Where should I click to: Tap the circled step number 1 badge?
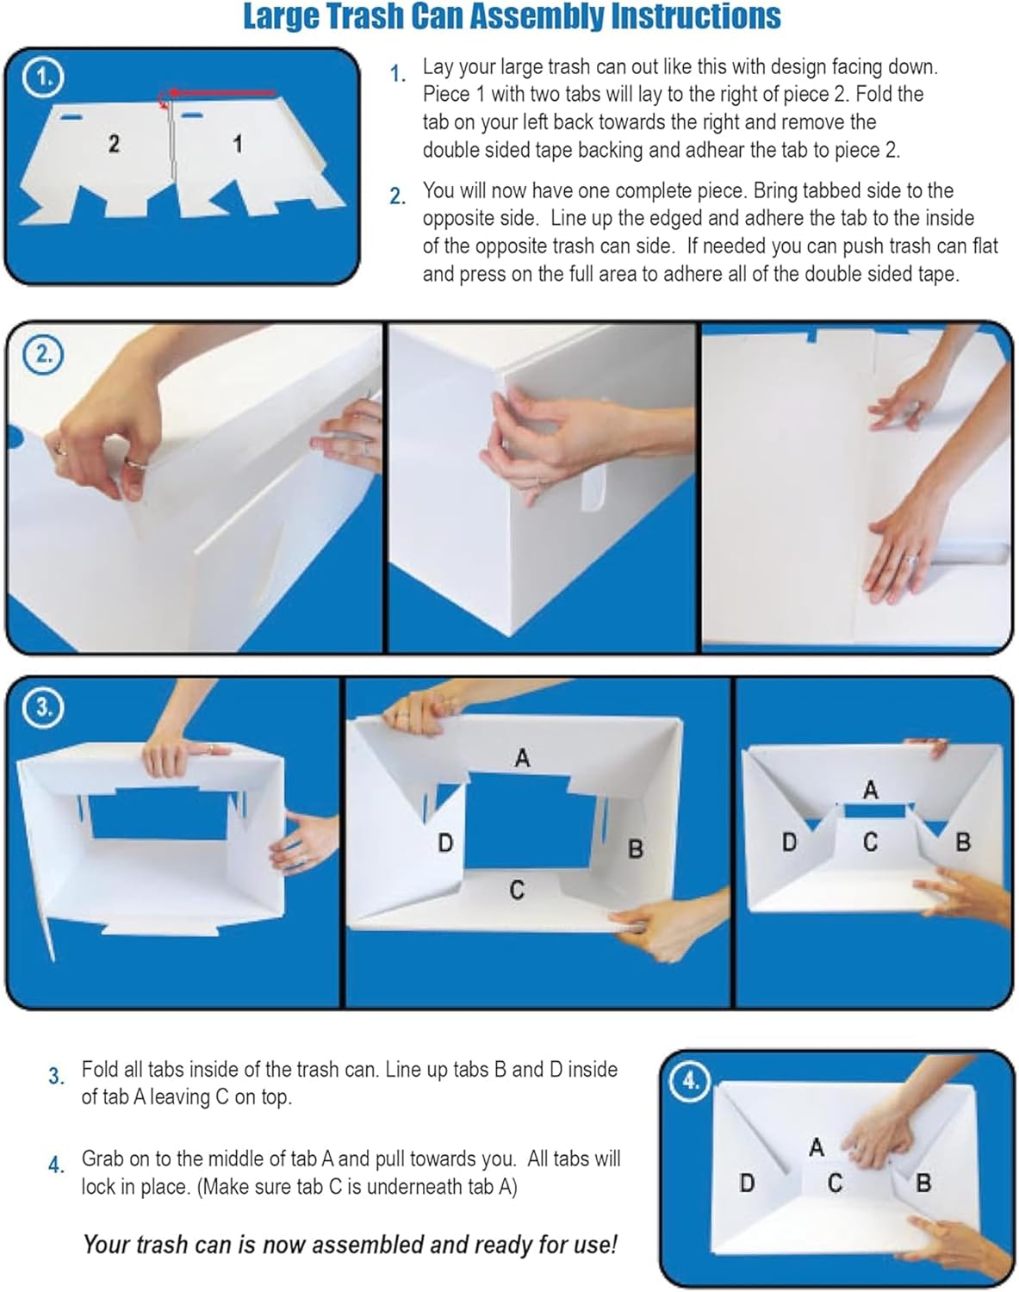click(44, 78)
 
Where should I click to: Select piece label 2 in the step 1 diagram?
click(114, 143)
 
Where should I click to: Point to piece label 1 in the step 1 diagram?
click(237, 143)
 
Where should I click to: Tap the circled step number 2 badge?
click(44, 354)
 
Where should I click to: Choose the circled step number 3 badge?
click(44, 707)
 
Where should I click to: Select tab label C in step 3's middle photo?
click(516, 890)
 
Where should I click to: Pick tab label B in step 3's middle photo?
click(635, 849)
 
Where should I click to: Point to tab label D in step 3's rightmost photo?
click(788, 842)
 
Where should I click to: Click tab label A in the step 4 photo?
click(816, 1146)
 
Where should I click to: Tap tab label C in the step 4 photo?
click(834, 1183)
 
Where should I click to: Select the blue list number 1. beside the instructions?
click(397, 74)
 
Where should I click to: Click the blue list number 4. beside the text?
click(56, 1165)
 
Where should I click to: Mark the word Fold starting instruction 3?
click(99, 1069)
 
